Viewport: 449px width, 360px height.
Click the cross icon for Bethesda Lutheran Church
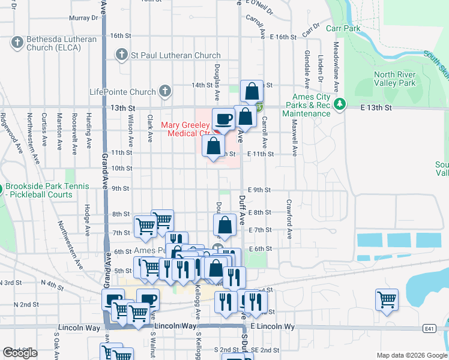[17, 43]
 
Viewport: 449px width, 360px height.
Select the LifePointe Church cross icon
[164, 92]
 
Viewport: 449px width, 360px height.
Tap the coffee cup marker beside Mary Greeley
[223, 119]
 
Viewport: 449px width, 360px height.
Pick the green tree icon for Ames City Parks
[340, 105]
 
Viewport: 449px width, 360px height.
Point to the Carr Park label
[343, 28]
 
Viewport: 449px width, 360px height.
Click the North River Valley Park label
[394, 79]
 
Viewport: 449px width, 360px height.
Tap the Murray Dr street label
[83, 18]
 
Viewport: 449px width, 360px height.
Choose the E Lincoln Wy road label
[273, 326]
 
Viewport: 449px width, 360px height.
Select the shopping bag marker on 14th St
[252, 92]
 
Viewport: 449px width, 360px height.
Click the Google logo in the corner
[20, 353]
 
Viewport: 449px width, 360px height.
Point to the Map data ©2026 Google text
[412, 355]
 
